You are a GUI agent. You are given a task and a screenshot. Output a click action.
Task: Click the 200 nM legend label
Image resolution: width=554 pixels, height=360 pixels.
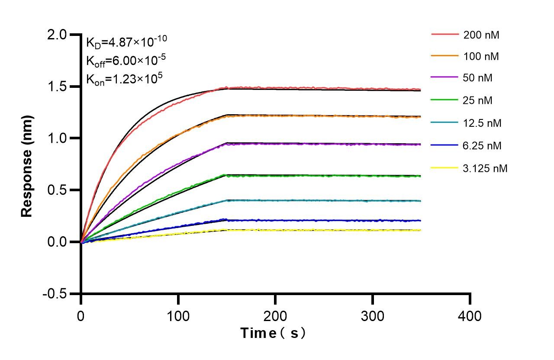pos(481,35)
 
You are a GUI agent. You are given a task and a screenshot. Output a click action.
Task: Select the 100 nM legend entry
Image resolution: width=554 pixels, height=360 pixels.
pos(481,56)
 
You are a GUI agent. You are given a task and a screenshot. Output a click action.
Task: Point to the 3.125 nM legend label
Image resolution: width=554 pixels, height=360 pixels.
pos(485,168)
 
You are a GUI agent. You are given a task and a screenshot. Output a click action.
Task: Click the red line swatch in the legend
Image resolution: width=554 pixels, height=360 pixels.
pos(444,34)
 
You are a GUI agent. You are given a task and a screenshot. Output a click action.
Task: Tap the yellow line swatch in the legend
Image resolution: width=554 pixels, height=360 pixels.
pos(444,167)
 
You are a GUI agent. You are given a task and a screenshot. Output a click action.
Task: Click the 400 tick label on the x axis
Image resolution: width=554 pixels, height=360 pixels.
pos(470,316)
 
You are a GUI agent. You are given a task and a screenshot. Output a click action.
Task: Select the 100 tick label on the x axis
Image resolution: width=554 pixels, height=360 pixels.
pos(178,316)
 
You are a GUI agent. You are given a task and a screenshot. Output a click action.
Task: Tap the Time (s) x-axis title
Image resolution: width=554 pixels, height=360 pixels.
pos(274,334)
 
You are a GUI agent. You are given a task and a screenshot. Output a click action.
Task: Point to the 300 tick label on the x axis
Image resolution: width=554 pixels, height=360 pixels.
pos(373,316)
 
